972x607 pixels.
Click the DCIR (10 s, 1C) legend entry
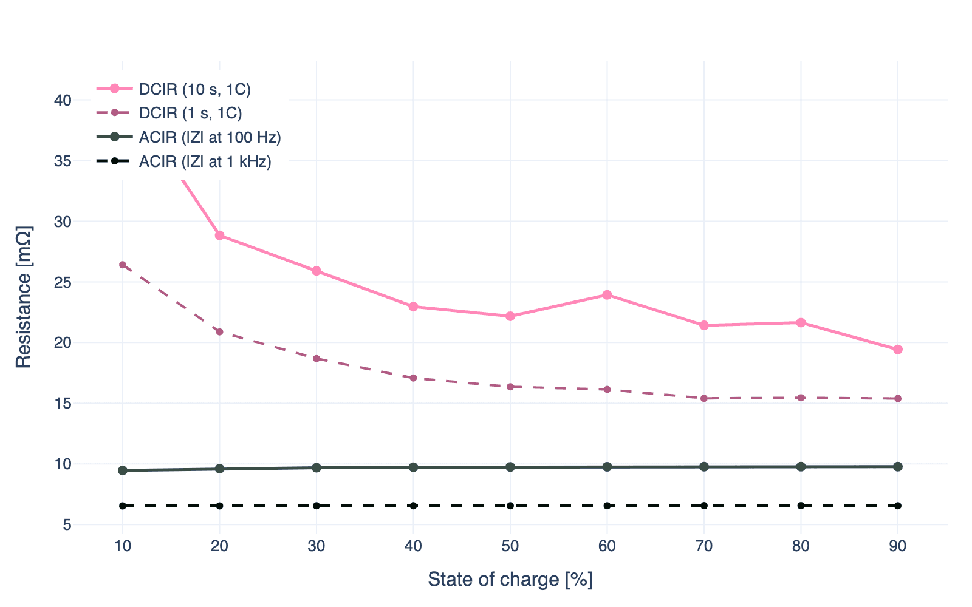pyautogui.click(x=194, y=89)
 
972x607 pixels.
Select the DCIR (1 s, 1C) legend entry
pyautogui.click(x=190, y=113)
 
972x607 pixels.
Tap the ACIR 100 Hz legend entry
pyautogui.click(x=210, y=137)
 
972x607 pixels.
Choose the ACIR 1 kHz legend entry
pyautogui.click(x=205, y=161)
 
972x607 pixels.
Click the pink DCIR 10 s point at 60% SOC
pyautogui.click(x=607, y=295)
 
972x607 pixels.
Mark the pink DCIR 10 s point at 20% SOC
pyautogui.click(x=219, y=236)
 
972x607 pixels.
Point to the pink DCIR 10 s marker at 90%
pyautogui.click(x=898, y=350)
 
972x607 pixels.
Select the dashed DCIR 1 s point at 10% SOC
pyautogui.click(x=123, y=265)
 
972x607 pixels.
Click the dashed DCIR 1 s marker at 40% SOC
pyautogui.click(x=413, y=378)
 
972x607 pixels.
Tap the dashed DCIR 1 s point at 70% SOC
pyautogui.click(x=704, y=398)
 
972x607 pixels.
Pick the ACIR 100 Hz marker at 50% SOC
pyautogui.click(x=510, y=467)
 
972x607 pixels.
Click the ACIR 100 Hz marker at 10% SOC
pyautogui.click(x=123, y=470)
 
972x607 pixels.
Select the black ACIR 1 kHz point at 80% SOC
pyautogui.click(x=801, y=506)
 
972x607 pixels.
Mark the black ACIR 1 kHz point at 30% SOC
pyautogui.click(x=317, y=506)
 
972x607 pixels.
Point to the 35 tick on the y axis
pyautogui.click(x=63, y=161)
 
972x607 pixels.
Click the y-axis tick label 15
pyautogui.click(x=63, y=403)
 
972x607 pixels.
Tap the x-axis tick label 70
pyautogui.click(x=704, y=546)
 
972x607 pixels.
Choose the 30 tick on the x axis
pyautogui.click(x=317, y=546)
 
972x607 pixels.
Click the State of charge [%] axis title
pyautogui.click(x=510, y=580)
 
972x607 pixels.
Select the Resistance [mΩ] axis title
pyautogui.click(x=23, y=297)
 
